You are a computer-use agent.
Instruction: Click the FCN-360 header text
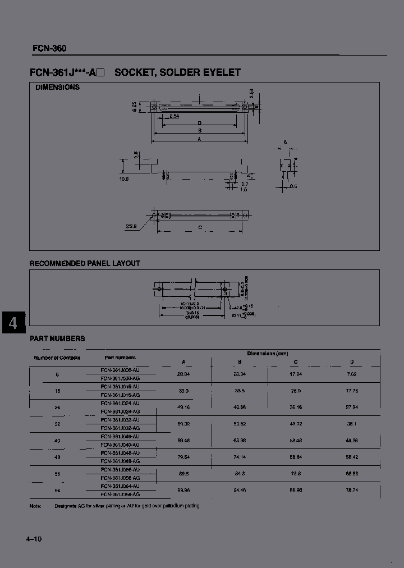tap(49, 48)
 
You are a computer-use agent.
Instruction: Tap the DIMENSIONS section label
tap(57, 88)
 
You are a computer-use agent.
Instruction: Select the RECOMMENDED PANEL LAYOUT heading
tap(85, 263)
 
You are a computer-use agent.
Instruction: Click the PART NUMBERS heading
tap(57, 338)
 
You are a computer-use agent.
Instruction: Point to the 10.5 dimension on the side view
tap(124, 179)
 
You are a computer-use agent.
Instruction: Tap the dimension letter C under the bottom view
tap(200, 227)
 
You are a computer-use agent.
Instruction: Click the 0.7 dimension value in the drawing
tap(245, 184)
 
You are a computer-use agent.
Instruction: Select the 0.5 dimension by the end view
tap(294, 186)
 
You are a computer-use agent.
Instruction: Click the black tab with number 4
tap(13, 323)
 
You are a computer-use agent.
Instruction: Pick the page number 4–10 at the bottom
tap(34, 539)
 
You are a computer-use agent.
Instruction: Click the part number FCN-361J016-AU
tap(120, 387)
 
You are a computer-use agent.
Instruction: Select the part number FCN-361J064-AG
tap(120, 494)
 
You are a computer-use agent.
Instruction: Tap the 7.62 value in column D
tap(352, 374)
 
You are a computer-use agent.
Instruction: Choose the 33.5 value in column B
tap(240, 391)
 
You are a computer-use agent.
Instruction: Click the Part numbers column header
tap(120, 358)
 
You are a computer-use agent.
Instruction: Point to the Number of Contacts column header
tap(57, 358)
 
